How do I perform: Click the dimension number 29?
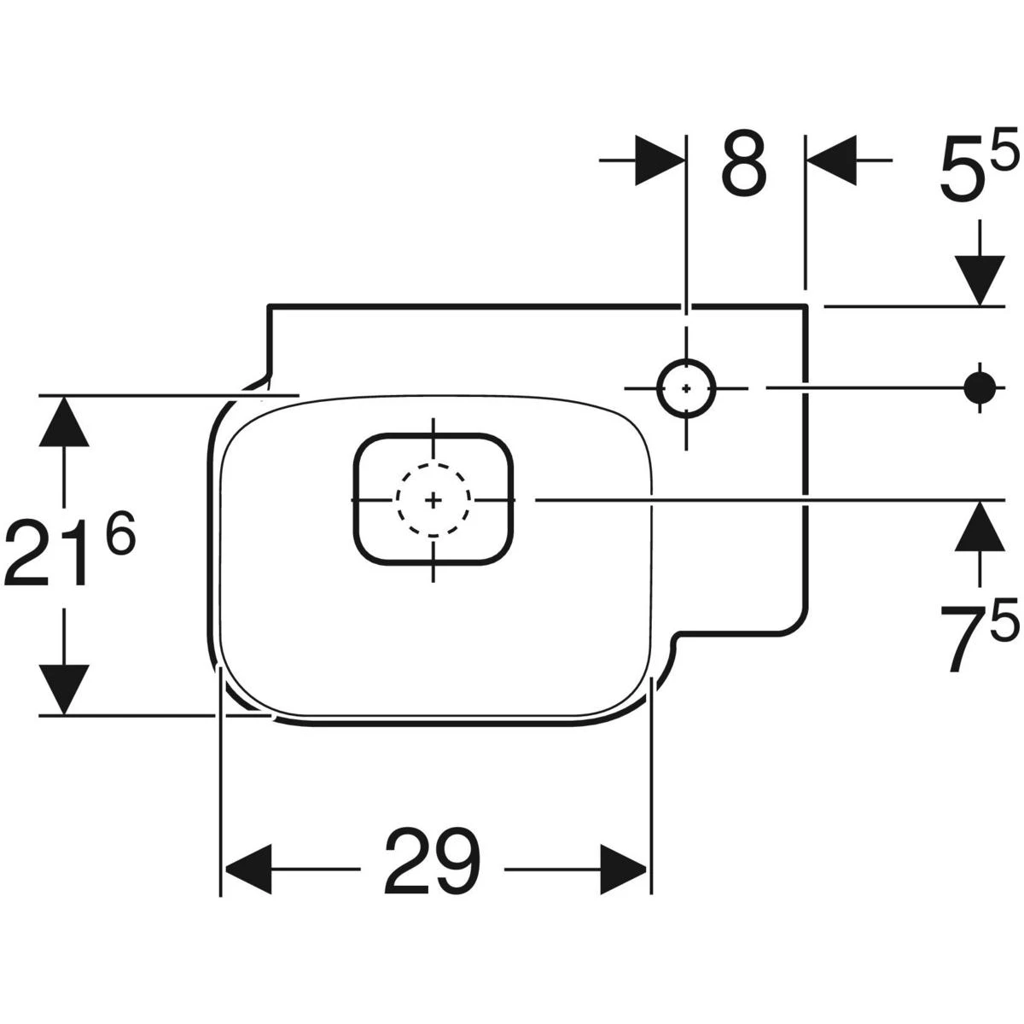tap(433, 863)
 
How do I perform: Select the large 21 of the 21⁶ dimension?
tap(49, 555)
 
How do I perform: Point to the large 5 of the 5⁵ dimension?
tap(962, 170)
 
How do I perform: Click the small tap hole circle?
tap(687, 387)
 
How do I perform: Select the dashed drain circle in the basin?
tap(433, 499)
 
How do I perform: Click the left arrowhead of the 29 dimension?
tap(247, 870)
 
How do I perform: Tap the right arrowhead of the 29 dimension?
tap(624, 870)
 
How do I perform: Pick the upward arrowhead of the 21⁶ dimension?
tap(63, 422)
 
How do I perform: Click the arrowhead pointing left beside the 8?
tap(831, 160)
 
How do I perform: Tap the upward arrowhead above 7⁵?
tap(979, 526)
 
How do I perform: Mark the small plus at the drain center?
tap(433, 499)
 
